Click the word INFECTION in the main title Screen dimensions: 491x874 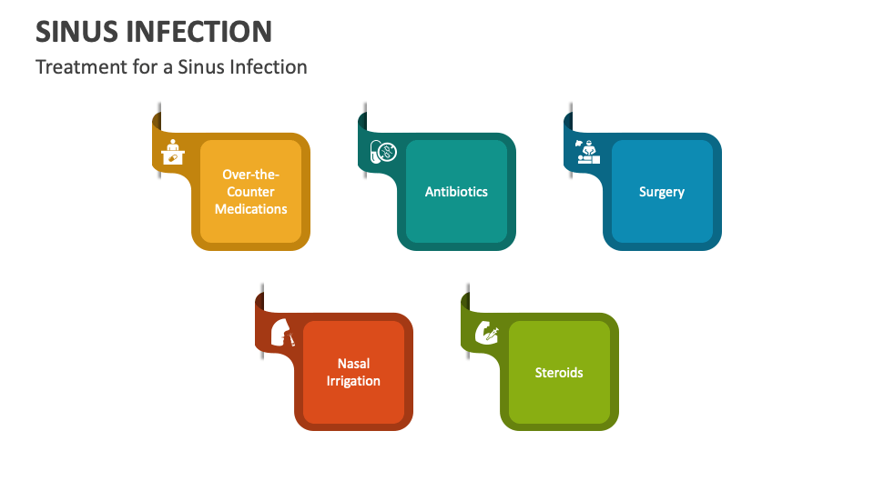(x=198, y=31)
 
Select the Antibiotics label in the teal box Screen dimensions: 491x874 (x=456, y=192)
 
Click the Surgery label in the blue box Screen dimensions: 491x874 (x=662, y=192)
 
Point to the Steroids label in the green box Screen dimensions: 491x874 (x=559, y=373)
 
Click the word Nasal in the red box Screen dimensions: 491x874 (x=353, y=364)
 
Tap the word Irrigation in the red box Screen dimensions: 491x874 (x=353, y=381)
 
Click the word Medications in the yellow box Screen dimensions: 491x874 (x=250, y=209)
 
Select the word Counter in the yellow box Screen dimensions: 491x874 (x=250, y=192)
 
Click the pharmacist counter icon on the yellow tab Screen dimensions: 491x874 (x=171, y=153)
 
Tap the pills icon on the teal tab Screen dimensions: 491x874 (x=381, y=153)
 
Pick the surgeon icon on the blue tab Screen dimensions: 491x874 (x=587, y=151)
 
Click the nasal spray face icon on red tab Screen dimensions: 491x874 (x=283, y=333)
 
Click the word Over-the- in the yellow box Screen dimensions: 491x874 (x=250, y=175)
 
